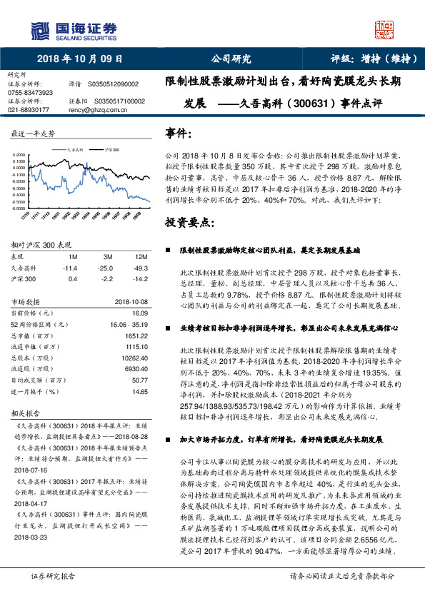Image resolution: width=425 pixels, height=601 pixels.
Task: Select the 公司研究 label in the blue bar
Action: coord(231,59)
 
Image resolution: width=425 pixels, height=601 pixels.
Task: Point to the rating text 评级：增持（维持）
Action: coord(371,59)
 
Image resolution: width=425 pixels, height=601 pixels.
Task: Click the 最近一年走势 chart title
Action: coord(33,133)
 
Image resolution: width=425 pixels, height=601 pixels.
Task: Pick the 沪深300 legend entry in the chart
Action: coord(112,151)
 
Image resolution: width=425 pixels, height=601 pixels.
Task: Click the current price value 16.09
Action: coord(139,313)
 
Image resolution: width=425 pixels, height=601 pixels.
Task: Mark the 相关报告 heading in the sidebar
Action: coord(26,413)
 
